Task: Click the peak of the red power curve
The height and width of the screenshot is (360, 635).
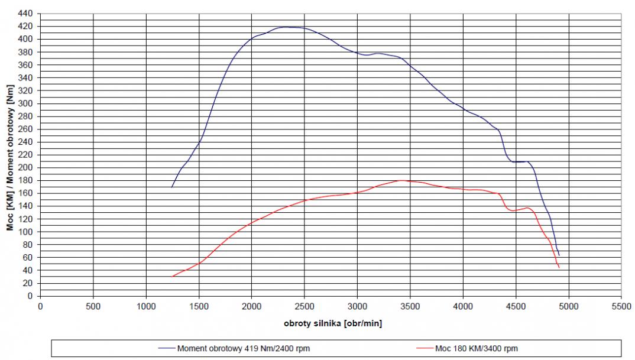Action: click(401, 180)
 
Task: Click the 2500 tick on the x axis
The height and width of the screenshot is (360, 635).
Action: click(304, 296)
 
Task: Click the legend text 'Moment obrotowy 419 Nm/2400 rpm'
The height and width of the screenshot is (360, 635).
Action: click(243, 348)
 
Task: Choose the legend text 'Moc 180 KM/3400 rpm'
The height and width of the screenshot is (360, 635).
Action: click(477, 348)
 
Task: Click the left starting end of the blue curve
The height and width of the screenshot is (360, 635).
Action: click(171, 187)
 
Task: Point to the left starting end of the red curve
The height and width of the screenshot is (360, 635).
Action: click(172, 276)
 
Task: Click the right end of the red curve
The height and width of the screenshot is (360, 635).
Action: click(559, 268)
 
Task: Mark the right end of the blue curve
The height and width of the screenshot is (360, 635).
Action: click(559, 255)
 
